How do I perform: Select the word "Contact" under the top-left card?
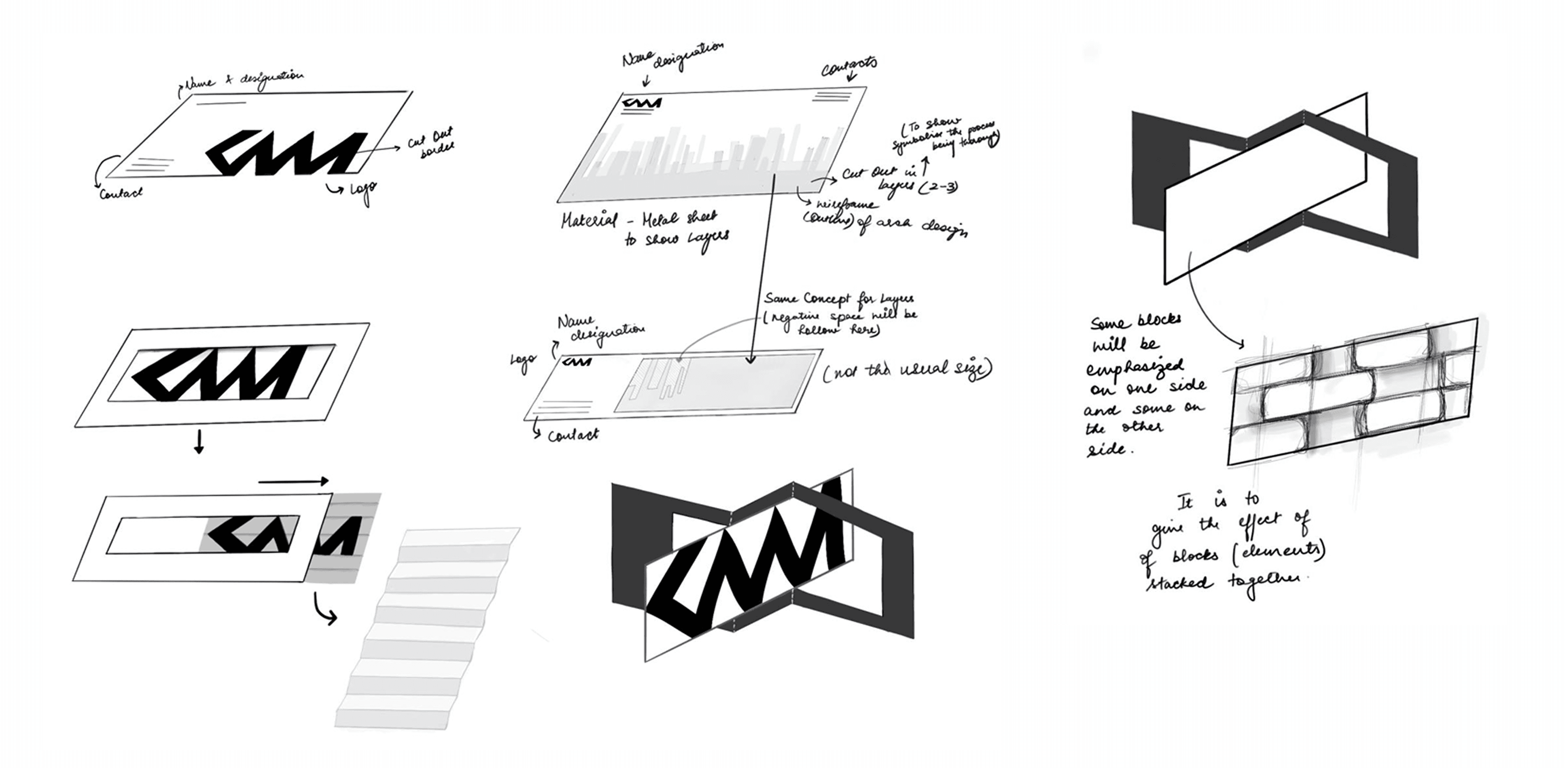tap(121, 193)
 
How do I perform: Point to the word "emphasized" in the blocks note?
tap(1135, 367)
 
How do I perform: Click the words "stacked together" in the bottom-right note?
tap(1221, 582)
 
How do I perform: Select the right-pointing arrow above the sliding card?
tap(293, 481)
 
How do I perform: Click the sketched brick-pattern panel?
tap(1352, 392)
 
